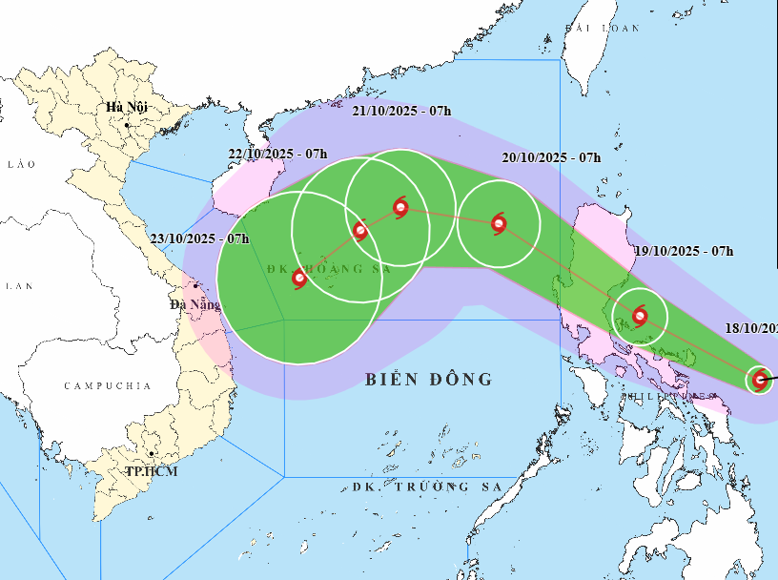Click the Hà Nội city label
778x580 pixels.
[126, 106]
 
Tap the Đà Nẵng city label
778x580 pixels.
[194, 304]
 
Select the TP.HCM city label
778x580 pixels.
[153, 471]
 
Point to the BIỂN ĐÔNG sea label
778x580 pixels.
[429, 380]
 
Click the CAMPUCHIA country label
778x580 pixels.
[108, 385]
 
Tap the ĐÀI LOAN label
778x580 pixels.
[602, 29]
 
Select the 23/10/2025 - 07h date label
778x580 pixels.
[199, 238]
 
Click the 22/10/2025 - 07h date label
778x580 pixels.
[277, 154]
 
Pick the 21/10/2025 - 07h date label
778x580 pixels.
[400, 111]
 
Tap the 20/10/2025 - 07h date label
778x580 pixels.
[551, 156]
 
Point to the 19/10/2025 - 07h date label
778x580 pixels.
[684, 251]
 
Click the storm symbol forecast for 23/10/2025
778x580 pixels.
[299, 279]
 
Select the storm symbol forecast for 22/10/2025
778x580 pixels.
[359, 230]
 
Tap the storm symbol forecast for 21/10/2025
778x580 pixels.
[399, 206]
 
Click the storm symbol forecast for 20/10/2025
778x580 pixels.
[499, 224]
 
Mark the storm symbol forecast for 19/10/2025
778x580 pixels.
[639, 315]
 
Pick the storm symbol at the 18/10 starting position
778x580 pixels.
[760, 380]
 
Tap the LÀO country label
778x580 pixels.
[21, 164]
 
